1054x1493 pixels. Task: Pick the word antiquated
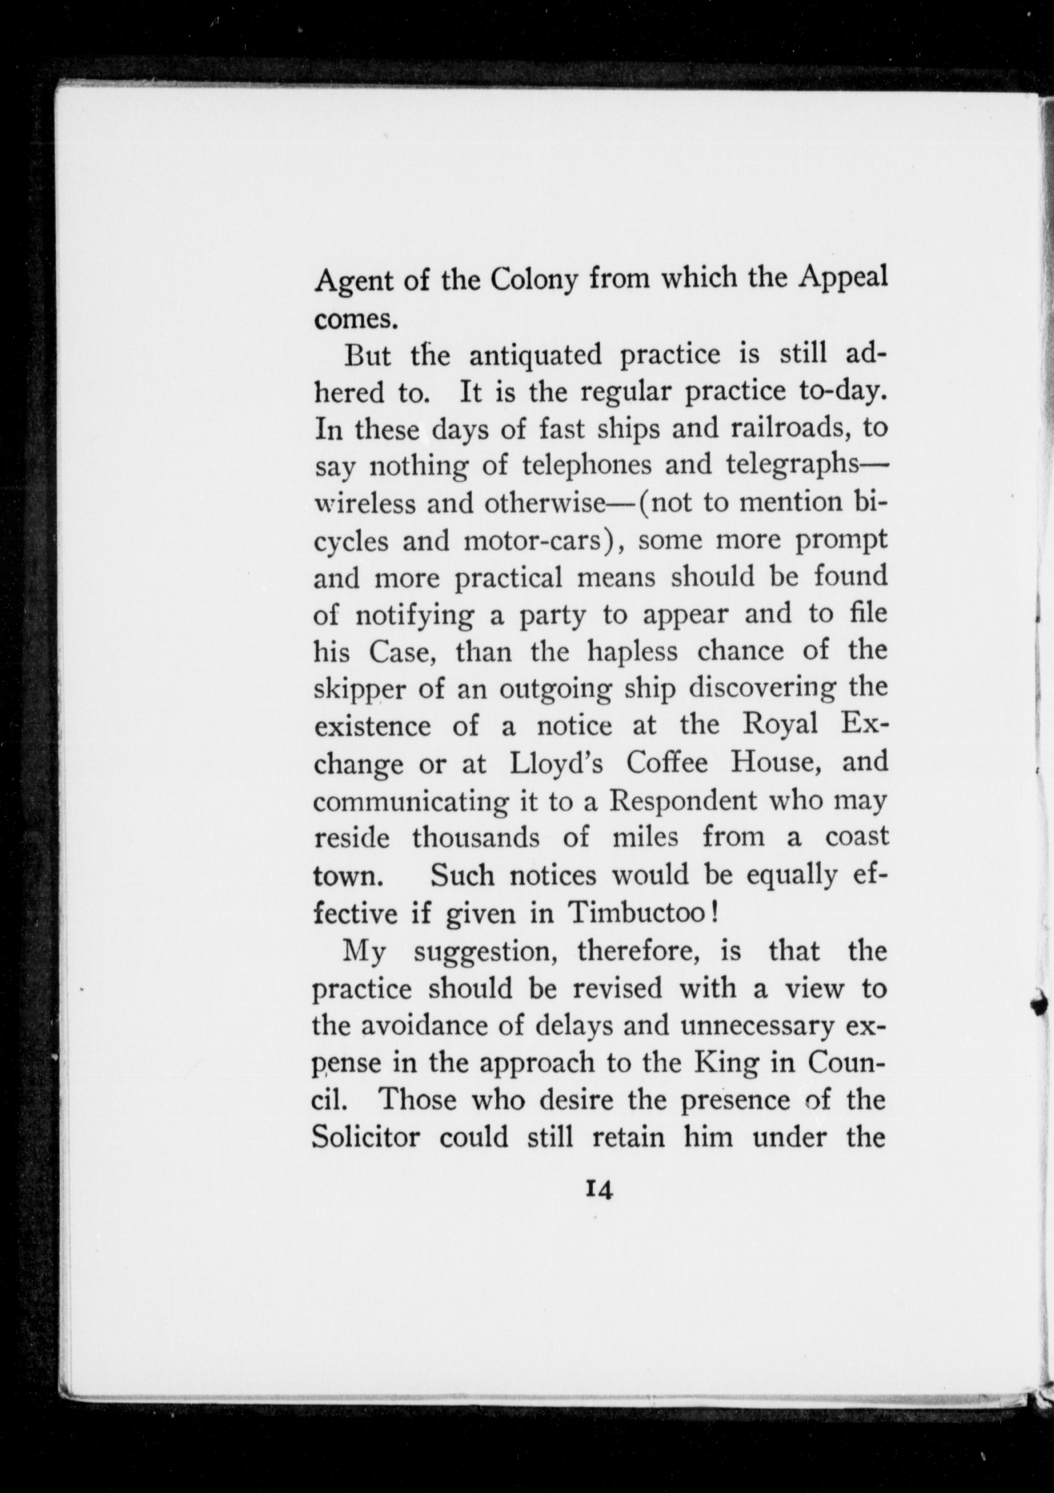click(x=536, y=356)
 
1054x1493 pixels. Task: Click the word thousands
click(x=476, y=838)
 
